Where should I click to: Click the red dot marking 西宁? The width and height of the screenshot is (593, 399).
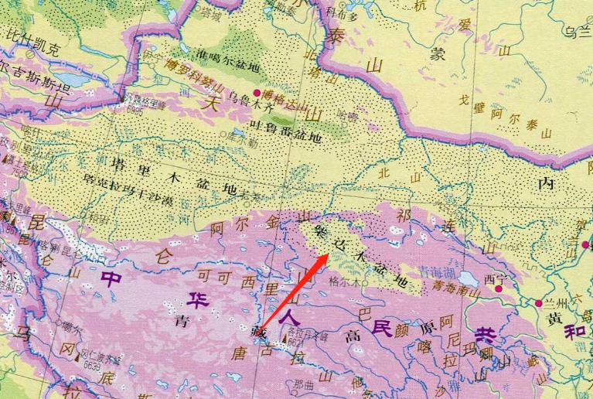(x=499, y=288)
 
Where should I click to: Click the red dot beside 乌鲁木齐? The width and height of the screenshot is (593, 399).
(x=257, y=93)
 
